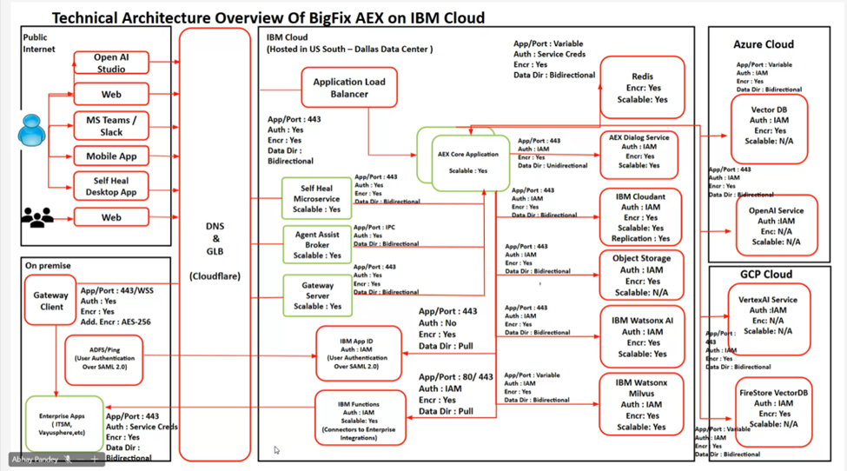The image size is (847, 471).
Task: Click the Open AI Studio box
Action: click(x=111, y=63)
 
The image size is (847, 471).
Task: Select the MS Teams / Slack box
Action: click(x=111, y=125)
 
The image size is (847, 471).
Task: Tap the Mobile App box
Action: click(x=111, y=156)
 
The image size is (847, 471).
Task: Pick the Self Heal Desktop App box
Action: click(x=111, y=186)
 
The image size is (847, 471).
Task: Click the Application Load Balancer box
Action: click(x=349, y=88)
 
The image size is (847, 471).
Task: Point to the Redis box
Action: click(x=642, y=88)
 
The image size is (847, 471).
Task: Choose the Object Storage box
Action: click(x=641, y=275)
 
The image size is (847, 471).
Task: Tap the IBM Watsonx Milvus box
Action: click(x=641, y=405)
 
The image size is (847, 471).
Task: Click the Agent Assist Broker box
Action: click(x=317, y=245)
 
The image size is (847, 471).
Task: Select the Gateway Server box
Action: click(x=317, y=295)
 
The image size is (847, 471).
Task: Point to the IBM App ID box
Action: click(x=359, y=354)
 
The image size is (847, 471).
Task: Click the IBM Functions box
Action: click(x=359, y=417)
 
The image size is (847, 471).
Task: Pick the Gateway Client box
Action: click(x=50, y=301)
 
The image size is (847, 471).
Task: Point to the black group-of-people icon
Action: click(x=36, y=217)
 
